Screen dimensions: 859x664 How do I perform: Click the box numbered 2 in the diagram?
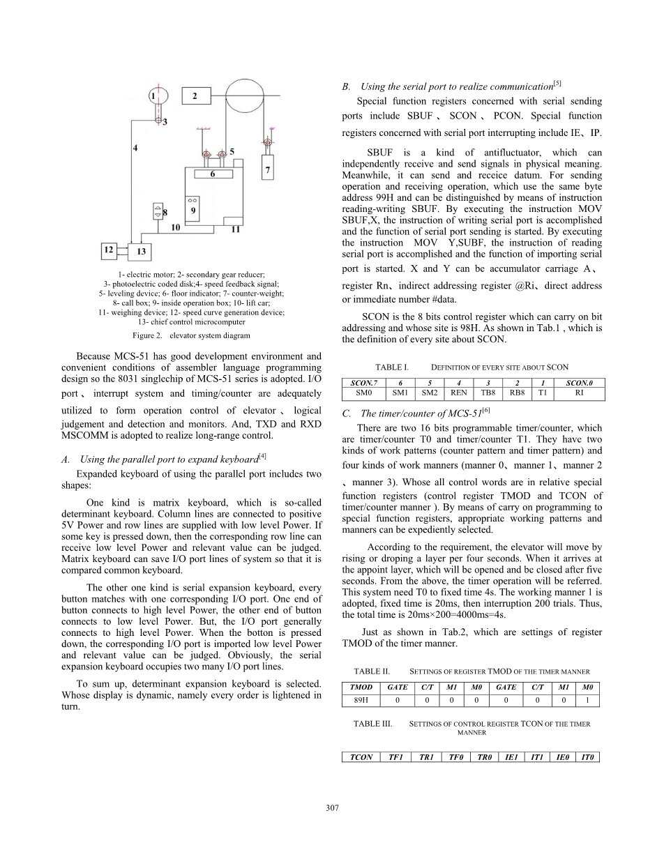pyautogui.click(x=196, y=96)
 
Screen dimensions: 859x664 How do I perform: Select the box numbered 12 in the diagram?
pyautogui.click(x=109, y=249)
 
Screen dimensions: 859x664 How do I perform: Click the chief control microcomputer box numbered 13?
pyautogui.click(x=140, y=250)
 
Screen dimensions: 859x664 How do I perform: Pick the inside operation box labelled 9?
pyautogui.click(x=193, y=207)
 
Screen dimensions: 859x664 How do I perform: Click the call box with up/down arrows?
pyautogui.click(x=158, y=211)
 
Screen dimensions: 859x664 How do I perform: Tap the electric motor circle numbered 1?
pyautogui.click(x=156, y=96)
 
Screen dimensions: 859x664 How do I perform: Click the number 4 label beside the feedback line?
pyautogui.click(x=136, y=148)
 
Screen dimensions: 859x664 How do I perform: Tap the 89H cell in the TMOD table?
pyautogui.click(x=361, y=700)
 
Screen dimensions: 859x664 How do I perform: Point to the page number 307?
pyautogui.click(x=332, y=807)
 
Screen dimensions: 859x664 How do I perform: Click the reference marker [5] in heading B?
pyautogui.click(x=557, y=84)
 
